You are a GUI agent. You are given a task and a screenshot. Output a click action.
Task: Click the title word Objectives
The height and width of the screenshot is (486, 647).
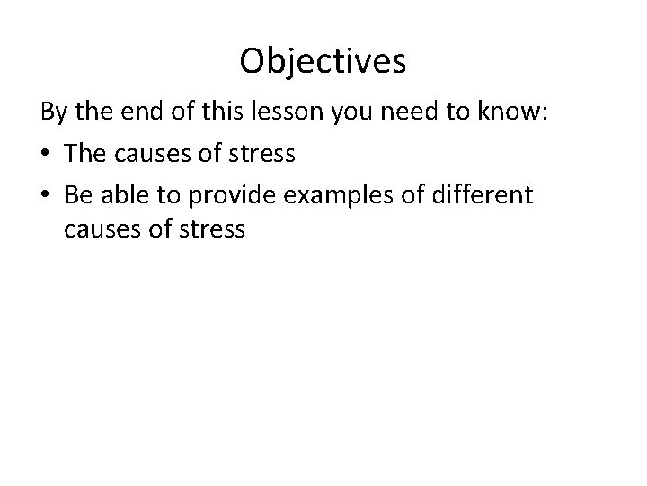[x=323, y=61]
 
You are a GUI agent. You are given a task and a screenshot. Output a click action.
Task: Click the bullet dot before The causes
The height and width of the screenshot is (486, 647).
[x=46, y=154]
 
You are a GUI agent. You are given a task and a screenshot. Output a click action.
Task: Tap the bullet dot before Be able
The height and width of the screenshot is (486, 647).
[x=46, y=193]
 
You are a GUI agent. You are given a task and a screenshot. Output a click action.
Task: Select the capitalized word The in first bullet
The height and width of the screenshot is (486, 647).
[x=85, y=153]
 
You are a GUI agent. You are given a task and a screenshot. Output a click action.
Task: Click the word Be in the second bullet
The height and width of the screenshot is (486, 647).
[x=77, y=193]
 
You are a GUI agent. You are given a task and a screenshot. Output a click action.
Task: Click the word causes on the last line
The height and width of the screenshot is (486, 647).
[x=102, y=230]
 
